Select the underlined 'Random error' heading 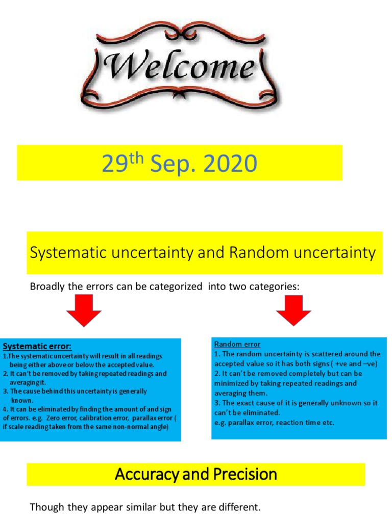click(x=237, y=344)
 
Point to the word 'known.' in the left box click(x=21, y=400)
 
